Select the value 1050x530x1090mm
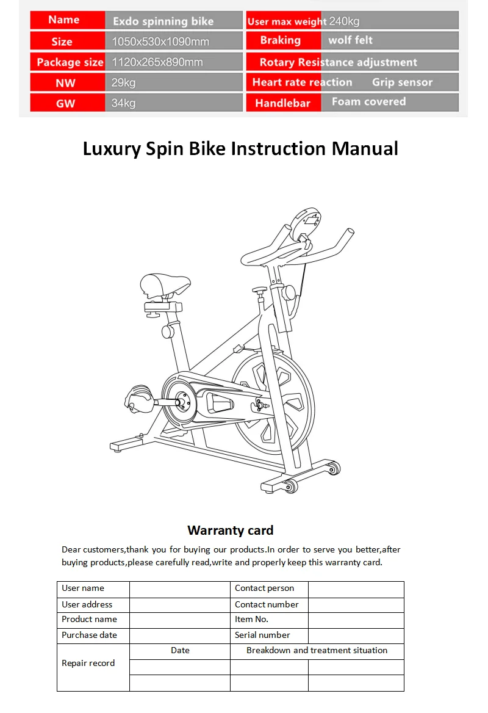(160, 42)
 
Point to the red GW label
(66, 103)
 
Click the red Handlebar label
(282, 103)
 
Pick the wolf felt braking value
(350, 41)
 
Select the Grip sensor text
(402, 82)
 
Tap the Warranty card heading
(230, 530)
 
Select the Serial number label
(262, 635)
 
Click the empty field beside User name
(179, 589)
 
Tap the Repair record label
(88, 663)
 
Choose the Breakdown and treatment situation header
(317, 651)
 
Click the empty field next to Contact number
(356, 605)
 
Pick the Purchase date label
(89, 635)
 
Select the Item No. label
(251, 620)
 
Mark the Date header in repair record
(180, 651)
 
